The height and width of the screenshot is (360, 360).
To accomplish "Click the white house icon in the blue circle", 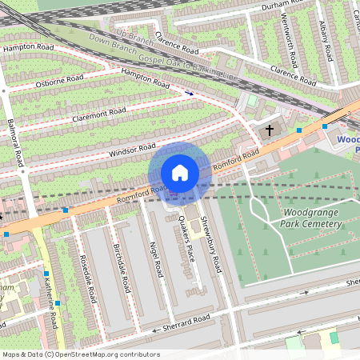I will [180, 173].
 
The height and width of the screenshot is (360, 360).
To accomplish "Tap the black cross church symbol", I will [270, 129].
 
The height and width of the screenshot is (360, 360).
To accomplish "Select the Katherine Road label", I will [51, 308].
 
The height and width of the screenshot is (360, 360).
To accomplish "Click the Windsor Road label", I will [132, 150].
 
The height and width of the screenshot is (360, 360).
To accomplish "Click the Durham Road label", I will [281, 7].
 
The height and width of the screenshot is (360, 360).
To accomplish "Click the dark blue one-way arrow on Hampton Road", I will [189, 93].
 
